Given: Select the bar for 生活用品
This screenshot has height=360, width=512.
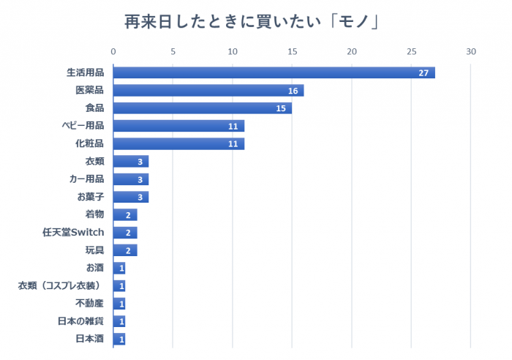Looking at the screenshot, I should point(274,72).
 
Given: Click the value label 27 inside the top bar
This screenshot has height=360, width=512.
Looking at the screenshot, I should point(423,73).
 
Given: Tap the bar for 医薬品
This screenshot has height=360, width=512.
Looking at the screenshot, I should point(208,91).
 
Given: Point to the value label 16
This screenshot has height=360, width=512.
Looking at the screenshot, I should point(293,91).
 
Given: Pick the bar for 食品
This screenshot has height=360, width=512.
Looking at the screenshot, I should point(202,108).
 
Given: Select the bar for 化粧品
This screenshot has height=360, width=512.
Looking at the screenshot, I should point(178,143).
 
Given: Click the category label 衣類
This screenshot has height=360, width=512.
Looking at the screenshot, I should point(94,161).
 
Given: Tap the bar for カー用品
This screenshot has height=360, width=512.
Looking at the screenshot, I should point(130,179).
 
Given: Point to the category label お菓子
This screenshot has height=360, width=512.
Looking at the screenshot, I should point(90,197).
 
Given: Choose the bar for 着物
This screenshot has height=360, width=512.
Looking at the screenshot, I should point(124,214).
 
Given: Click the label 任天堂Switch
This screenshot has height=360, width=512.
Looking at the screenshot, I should point(73,232).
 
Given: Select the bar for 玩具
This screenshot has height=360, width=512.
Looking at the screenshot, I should point(124,250).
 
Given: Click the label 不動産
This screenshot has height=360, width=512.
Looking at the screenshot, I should point(90,303).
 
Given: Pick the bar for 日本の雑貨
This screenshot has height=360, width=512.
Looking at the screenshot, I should point(119,321).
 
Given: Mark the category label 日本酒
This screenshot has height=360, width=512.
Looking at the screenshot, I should point(90,339).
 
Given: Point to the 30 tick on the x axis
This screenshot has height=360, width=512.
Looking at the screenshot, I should point(470,52).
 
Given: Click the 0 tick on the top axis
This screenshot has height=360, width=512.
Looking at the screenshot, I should point(113,52).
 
